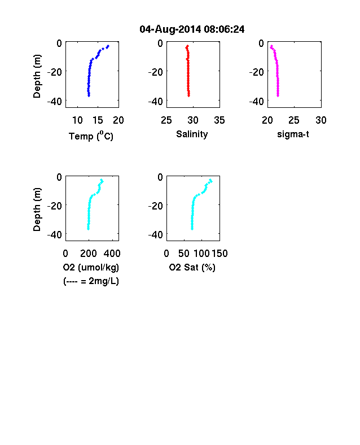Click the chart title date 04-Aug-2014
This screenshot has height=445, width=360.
pos(170,29)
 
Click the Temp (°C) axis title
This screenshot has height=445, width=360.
pos(91,136)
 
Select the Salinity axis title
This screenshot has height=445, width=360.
pos(192,134)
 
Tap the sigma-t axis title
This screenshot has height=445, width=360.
pos(293,134)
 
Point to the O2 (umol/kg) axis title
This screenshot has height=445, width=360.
pos(91,267)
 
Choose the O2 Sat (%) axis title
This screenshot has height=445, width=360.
pos(192,267)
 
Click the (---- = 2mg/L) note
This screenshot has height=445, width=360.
pos(91,281)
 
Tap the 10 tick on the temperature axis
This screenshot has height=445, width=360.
pos(77,120)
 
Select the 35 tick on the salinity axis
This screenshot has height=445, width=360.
pos(219,120)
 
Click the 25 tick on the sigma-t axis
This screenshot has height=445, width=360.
pos(294,120)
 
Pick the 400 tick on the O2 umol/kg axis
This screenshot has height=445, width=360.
pos(112,254)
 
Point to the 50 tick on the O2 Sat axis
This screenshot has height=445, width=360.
pos(184,254)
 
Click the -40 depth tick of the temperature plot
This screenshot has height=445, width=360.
pos(54,101)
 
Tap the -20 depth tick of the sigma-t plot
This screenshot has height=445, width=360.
pos(257,72)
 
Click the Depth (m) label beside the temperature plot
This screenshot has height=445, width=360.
pos(37,76)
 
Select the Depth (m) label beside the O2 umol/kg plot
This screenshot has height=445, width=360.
pos(37,210)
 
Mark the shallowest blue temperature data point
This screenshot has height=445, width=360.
pos(108,46)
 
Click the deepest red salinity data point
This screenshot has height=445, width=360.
pos(189,95)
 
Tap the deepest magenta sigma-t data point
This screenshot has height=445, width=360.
pos(278,95)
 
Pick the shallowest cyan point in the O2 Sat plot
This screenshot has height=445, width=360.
pos(210,180)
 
